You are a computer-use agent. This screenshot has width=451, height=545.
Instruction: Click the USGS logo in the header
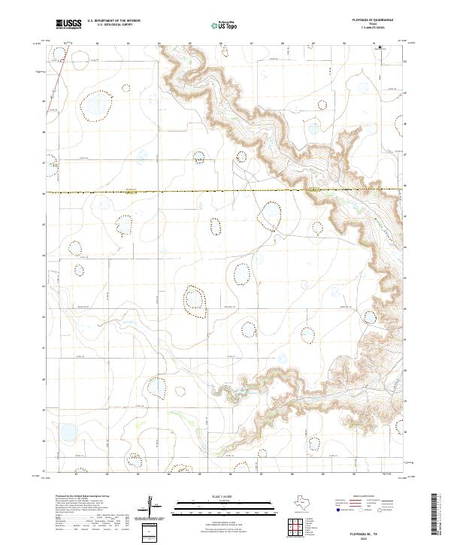(68, 24)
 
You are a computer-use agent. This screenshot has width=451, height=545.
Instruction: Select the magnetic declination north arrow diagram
(156, 506)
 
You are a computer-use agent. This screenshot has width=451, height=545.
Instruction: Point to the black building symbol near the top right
(380, 47)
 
